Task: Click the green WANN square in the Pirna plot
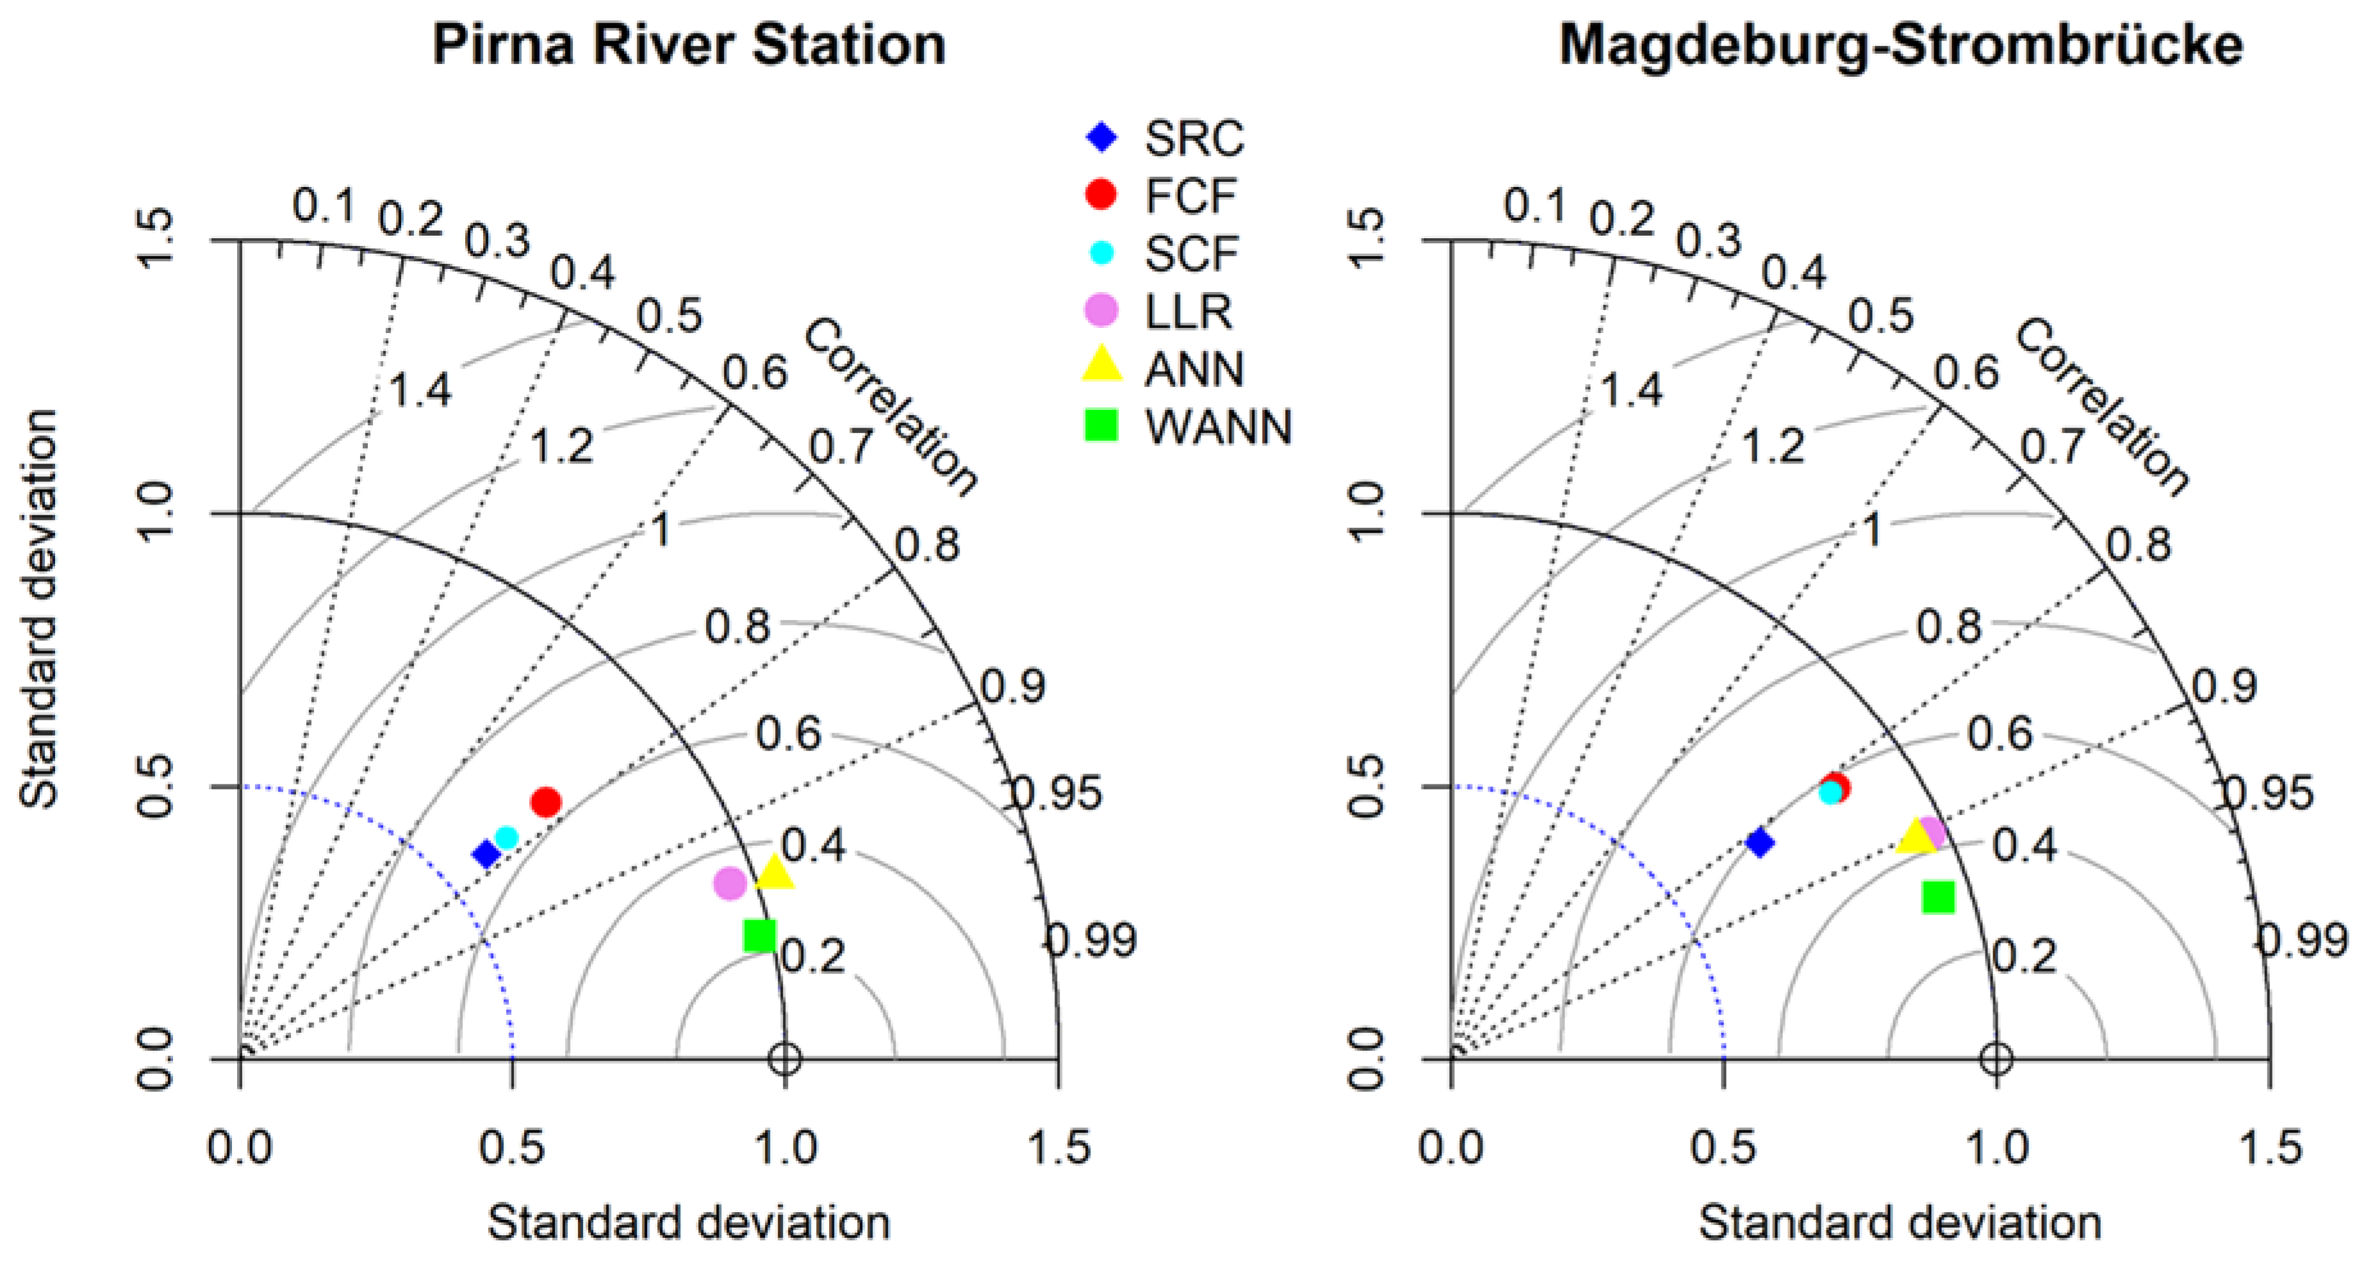[760, 936]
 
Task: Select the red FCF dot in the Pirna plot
[546, 802]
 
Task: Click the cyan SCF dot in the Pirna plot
[506, 836]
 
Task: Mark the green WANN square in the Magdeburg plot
[1939, 897]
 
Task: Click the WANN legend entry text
[1218, 428]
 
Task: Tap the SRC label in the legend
[1194, 138]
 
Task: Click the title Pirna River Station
[689, 44]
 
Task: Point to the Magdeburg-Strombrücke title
[1902, 44]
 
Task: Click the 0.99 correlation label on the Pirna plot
[1092, 940]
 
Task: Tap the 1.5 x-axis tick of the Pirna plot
[1058, 1148]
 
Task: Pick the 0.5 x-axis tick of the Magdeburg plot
[1724, 1148]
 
